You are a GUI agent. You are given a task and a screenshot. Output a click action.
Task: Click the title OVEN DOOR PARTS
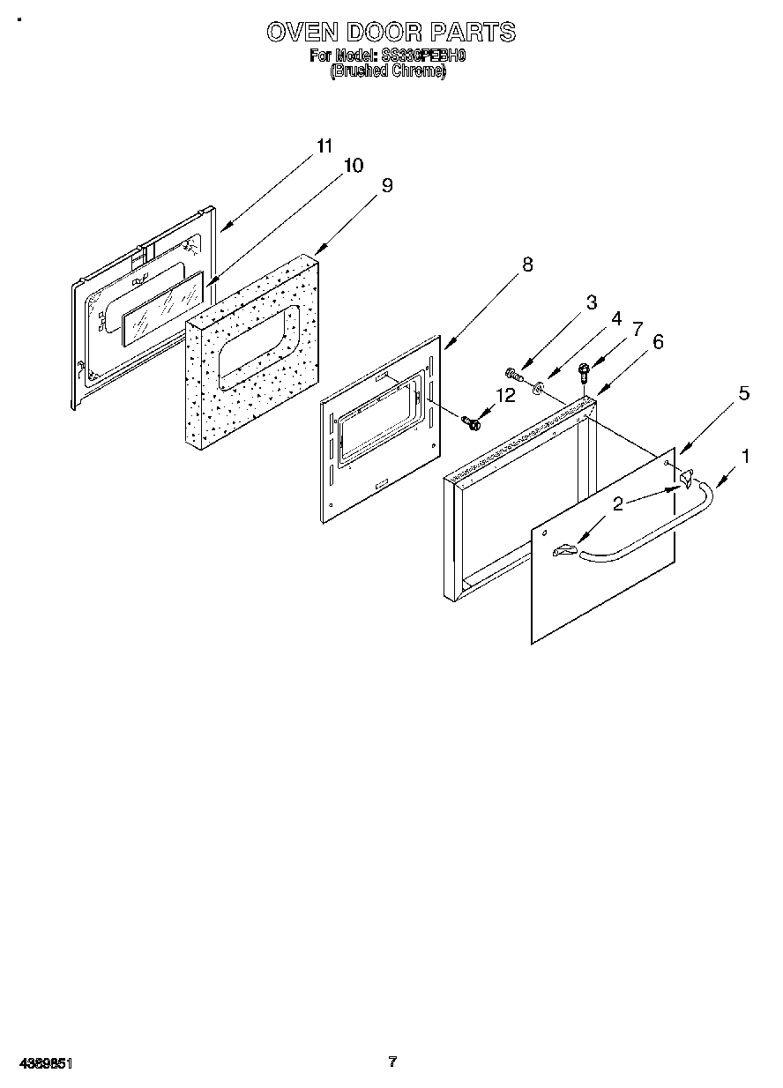point(391,33)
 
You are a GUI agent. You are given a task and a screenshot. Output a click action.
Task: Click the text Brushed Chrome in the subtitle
point(388,72)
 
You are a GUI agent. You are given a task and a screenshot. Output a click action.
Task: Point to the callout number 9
point(386,185)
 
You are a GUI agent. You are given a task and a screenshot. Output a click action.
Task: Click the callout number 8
point(527,264)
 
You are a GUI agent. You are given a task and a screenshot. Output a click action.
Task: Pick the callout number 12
point(505,395)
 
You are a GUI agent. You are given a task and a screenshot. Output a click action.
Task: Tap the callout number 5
point(743,393)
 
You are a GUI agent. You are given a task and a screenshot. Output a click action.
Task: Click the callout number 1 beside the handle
point(746,456)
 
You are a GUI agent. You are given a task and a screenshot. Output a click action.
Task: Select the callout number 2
point(619,503)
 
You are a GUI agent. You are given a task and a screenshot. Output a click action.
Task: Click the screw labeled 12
point(472,423)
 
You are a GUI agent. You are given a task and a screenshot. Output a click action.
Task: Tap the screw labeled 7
point(583,371)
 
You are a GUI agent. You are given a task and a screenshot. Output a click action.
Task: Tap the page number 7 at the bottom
point(392,1062)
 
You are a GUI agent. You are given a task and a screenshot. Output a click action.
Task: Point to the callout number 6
point(657,342)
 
